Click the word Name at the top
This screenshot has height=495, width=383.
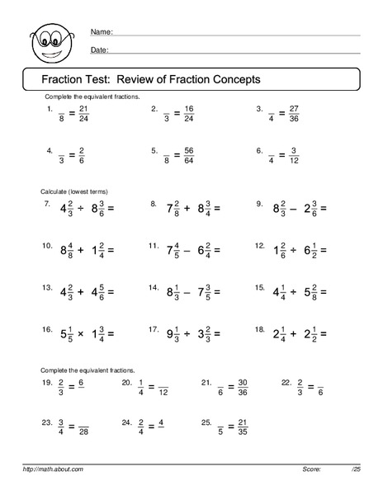pyautogui.click(x=100, y=32)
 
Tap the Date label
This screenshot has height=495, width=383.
pyautogui.click(x=99, y=50)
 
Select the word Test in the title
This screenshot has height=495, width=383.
pyautogui.click(x=94, y=79)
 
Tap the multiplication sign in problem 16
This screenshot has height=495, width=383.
pyautogui.click(x=83, y=334)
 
